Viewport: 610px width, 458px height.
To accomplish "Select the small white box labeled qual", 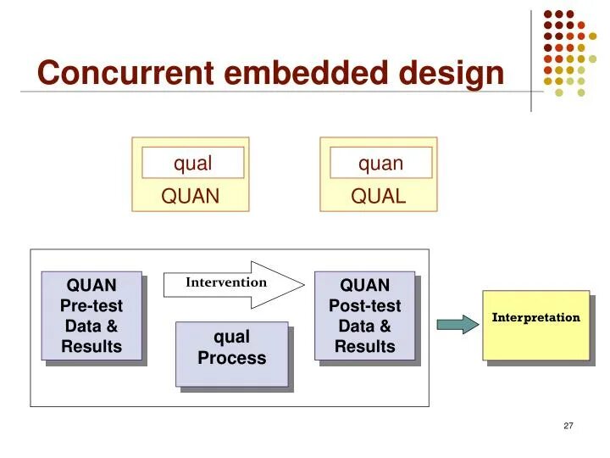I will (192, 163).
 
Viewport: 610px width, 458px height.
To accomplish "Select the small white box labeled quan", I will (380, 163).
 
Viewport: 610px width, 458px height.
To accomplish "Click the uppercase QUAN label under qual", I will (191, 197).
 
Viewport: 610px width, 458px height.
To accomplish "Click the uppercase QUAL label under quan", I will (379, 197).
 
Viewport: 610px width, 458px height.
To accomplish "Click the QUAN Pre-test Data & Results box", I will (91, 316).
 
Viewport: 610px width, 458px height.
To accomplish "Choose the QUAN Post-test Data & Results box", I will (364, 316).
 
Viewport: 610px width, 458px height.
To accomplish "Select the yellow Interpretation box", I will (535, 325).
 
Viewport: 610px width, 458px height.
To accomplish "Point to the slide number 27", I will (568, 426).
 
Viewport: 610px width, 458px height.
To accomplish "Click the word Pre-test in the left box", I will (91, 305).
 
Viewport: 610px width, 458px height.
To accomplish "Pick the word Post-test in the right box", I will (365, 305).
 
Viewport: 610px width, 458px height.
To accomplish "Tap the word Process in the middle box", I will (231, 358).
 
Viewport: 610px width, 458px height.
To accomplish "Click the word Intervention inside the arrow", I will (226, 282).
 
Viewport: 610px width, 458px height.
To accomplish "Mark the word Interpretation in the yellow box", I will (536, 318).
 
